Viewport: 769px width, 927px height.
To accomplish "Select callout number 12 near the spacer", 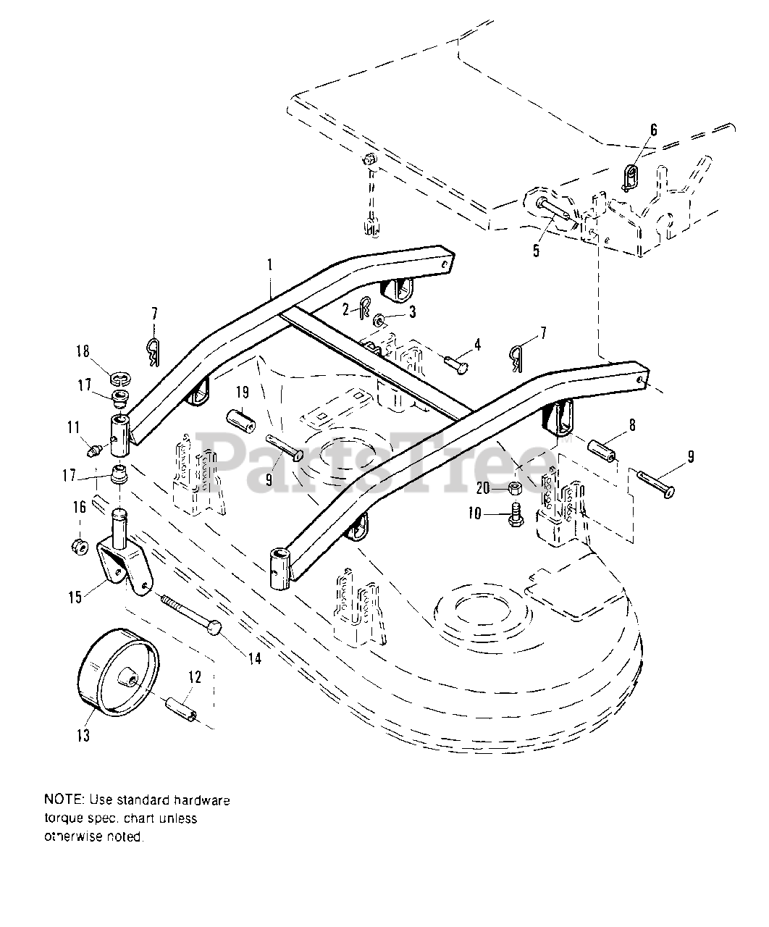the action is (x=195, y=677).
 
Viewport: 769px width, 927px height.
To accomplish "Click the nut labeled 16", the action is (x=79, y=545).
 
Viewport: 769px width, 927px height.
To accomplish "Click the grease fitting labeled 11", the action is (x=94, y=451).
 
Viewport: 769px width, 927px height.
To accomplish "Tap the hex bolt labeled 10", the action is (x=516, y=514).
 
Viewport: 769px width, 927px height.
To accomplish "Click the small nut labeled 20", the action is (x=514, y=488).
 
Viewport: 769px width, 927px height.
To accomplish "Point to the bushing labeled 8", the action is (x=602, y=450).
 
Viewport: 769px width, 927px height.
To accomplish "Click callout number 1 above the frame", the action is (x=269, y=266).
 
